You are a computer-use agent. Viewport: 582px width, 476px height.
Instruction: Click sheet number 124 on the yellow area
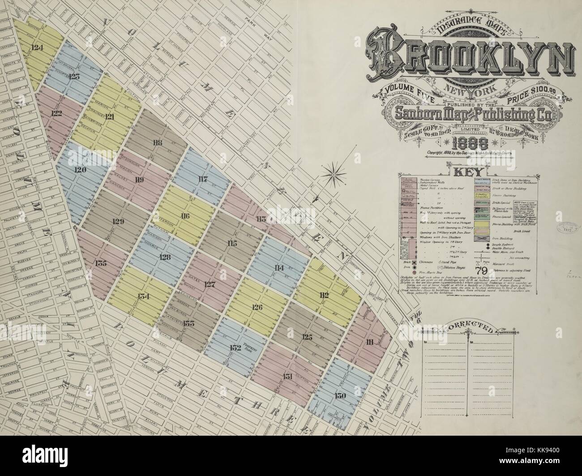pos(38,47)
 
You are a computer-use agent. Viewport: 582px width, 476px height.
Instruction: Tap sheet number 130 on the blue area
pos(340,396)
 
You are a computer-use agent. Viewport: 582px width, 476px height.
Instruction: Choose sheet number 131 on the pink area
pos(288,375)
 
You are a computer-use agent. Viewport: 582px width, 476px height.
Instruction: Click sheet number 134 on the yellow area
pos(143,296)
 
